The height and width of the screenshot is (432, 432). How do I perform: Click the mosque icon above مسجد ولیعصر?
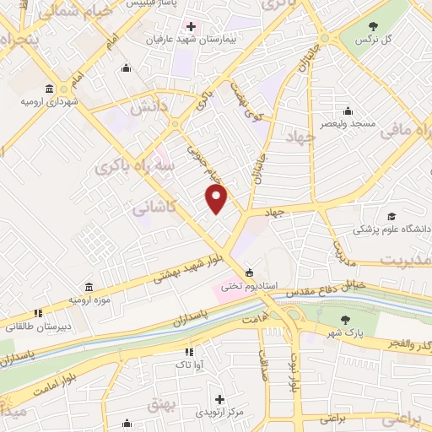click(x=347, y=111)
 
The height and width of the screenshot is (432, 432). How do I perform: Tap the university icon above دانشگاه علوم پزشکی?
click(x=391, y=216)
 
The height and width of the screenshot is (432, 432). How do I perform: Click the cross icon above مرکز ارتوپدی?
click(x=220, y=399)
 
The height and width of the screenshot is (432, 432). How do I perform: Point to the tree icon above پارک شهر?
click(x=345, y=319)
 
